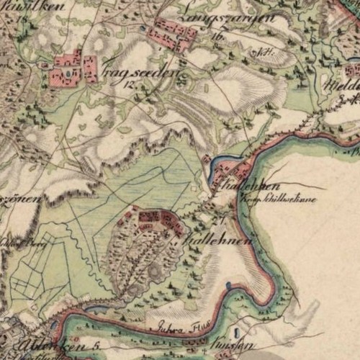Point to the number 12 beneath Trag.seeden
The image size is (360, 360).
click(x=130, y=83)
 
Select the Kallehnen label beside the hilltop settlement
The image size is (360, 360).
click(x=220, y=238)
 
